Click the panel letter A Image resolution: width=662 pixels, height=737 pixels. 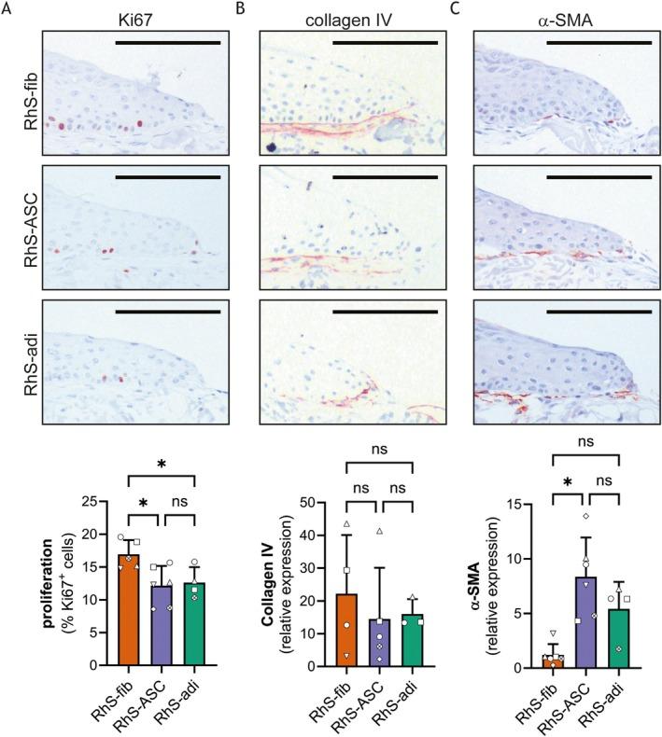coord(7,8)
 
